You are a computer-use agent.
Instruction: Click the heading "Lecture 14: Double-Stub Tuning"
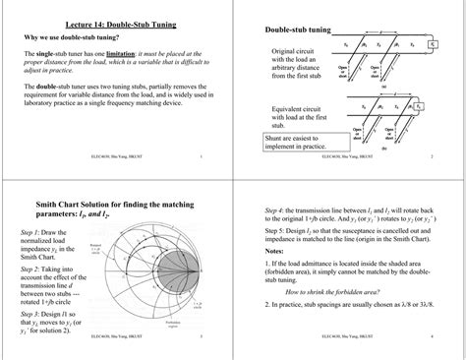[x=114, y=23]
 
